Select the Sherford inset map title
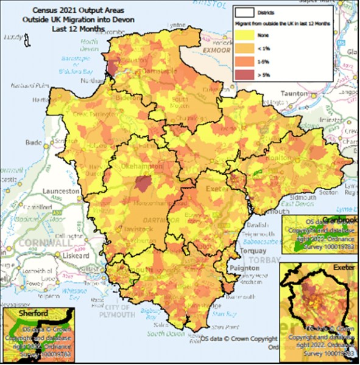coord(19,313)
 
